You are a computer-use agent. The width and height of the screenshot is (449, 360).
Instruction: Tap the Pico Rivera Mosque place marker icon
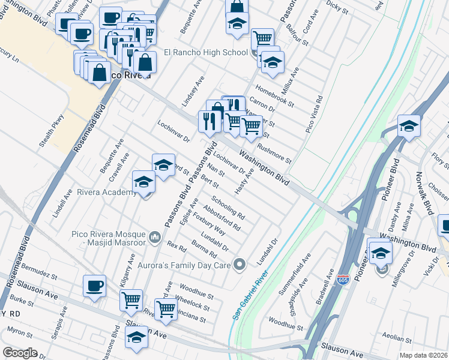click(x=155, y=238)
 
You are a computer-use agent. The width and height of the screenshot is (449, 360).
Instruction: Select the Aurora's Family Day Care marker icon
click(x=240, y=264)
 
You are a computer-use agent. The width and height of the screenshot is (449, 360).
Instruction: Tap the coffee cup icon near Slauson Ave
click(x=94, y=286)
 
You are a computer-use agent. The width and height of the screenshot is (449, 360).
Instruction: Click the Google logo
click(x=20, y=353)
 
